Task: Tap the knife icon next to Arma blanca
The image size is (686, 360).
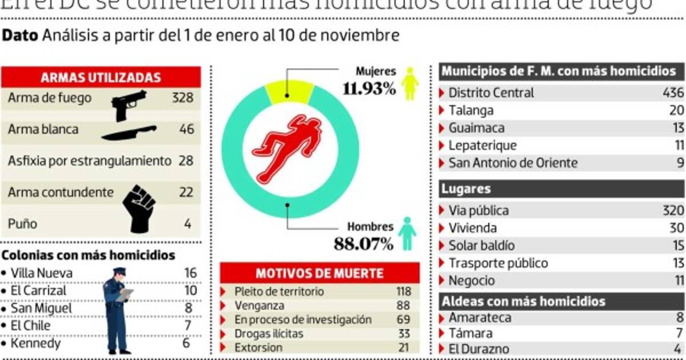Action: click(x=129, y=133)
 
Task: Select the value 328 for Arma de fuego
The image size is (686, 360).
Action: click(x=182, y=98)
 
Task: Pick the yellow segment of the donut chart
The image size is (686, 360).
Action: click(x=289, y=91)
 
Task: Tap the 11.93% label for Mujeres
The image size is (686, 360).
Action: click(x=369, y=89)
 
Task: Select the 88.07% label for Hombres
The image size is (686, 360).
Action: click(x=364, y=245)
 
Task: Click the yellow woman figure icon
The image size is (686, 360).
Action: click(x=409, y=83)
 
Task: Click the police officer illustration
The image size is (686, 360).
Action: click(x=117, y=310)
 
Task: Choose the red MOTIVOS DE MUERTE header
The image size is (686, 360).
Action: click(x=320, y=273)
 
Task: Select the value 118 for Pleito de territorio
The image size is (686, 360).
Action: click(x=404, y=291)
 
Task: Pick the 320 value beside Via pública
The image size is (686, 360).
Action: click(x=673, y=210)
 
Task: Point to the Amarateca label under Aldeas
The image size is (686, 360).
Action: click(x=480, y=318)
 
